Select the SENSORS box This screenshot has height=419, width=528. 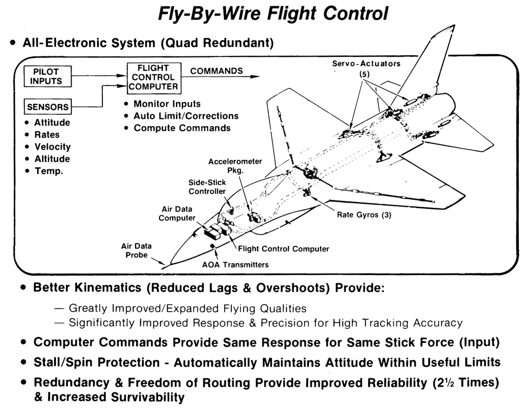tap(47, 107)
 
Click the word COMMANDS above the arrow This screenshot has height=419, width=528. tap(216, 71)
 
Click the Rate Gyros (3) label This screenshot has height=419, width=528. tap(364, 215)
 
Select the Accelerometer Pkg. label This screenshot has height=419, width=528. tap(241, 166)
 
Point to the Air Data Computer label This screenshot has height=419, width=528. tap(179, 213)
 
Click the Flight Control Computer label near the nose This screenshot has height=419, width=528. tap(283, 249)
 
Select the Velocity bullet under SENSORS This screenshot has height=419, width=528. tap(52, 147)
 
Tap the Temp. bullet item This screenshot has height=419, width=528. tap(49, 171)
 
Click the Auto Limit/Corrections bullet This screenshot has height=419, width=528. tap(186, 116)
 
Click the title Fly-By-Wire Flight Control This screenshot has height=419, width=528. tap(273, 14)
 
